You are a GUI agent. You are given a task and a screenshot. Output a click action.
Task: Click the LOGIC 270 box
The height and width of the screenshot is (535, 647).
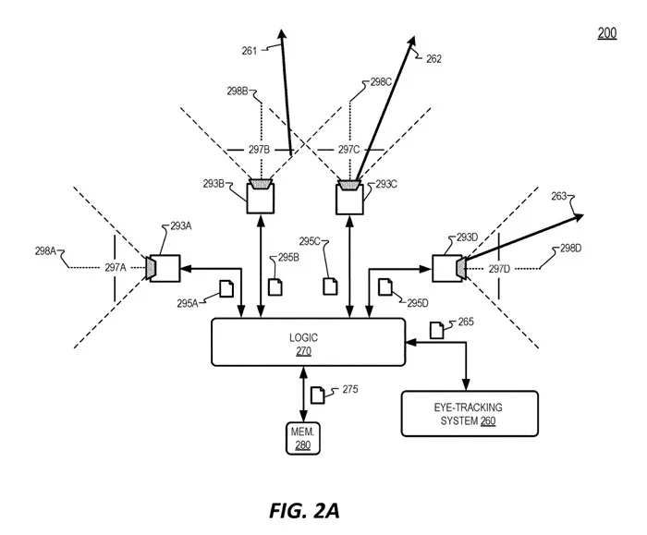click(308, 342)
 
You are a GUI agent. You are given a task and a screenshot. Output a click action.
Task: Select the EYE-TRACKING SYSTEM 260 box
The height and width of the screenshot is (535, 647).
click(470, 413)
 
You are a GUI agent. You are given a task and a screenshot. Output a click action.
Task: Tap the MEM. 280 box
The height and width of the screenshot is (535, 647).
click(303, 439)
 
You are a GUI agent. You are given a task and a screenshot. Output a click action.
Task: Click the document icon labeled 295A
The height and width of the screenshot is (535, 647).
click(226, 288)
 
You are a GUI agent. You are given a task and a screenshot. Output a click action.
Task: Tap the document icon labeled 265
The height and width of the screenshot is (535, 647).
click(437, 330)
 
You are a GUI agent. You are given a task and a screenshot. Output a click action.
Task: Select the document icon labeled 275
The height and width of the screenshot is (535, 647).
click(317, 395)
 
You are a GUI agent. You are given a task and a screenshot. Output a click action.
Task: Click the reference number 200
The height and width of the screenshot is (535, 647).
click(607, 33)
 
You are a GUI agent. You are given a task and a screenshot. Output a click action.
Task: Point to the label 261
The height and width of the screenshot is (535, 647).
click(250, 51)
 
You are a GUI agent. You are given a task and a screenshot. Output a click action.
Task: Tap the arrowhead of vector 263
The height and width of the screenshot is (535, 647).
click(579, 217)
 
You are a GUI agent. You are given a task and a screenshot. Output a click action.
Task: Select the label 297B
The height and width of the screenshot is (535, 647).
click(259, 150)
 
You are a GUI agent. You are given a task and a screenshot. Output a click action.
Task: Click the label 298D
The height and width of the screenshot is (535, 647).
click(571, 249)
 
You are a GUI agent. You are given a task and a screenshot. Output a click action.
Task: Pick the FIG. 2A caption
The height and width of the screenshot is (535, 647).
click(304, 511)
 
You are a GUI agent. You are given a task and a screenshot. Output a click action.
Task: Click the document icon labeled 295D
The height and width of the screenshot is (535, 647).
click(385, 286)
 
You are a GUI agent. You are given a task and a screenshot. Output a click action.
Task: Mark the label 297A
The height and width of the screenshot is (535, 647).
click(116, 268)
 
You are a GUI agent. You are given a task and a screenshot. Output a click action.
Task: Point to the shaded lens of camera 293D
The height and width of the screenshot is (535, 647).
click(461, 268)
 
